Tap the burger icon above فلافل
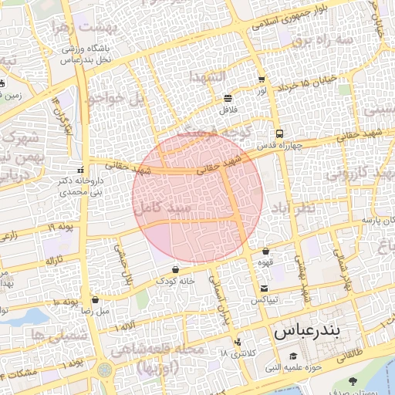[x=228, y=98]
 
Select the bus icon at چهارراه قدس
[x=279, y=133]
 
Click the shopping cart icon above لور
[x=262, y=79]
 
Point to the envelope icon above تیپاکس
[x=265, y=288]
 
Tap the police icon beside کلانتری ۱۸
[x=238, y=342]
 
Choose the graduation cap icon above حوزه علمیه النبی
[x=294, y=356]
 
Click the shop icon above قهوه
[x=265, y=251]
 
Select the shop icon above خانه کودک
[x=177, y=270]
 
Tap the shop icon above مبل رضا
[x=95, y=299]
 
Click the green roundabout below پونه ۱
[x=104, y=370]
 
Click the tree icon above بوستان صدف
[x=353, y=381]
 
